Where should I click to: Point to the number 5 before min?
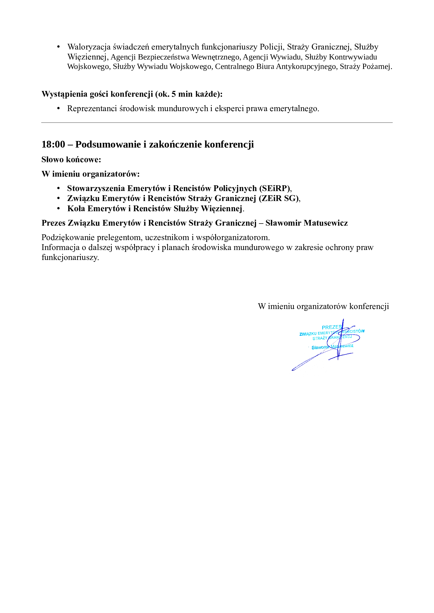[x=174, y=94]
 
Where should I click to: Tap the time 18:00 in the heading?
[x=53, y=144]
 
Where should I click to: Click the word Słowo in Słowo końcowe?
[x=53, y=160]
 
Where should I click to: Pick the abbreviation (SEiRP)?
[x=275, y=188]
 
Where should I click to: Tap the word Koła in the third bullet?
[x=76, y=209]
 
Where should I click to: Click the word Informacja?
[x=60, y=247]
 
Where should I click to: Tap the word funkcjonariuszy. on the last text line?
[x=70, y=257]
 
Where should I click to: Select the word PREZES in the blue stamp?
[x=332, y=327]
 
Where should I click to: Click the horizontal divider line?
[x=217, y=123]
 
